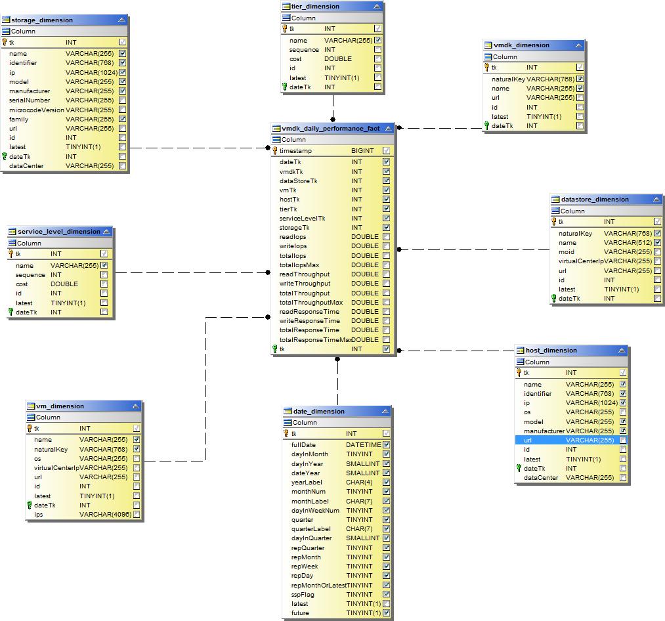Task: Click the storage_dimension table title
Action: (x=42, y=20)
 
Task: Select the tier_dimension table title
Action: (x=315, y=7)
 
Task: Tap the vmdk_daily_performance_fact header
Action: (x=330, y=129)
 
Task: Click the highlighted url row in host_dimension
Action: (x=571, y=440)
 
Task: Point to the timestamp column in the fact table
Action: (x=295, y=151)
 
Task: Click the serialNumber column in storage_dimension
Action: (x=30, y=100)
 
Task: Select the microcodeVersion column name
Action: (x=36, y=110)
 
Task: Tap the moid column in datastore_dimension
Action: (x=567, y=252)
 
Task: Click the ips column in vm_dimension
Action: (x=39, y=515)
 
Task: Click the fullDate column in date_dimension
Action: (x=303, y=445)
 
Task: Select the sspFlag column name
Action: (x=303, y=595)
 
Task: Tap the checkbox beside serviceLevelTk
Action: (x=387, y=219)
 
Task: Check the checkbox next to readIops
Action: (x=387, y=237)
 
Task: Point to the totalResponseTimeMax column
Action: (x=315, y=340)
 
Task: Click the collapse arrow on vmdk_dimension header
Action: (x=578, y=45)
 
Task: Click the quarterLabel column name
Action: (x=311, y=529)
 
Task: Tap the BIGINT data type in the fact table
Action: (x=362, y=151)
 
